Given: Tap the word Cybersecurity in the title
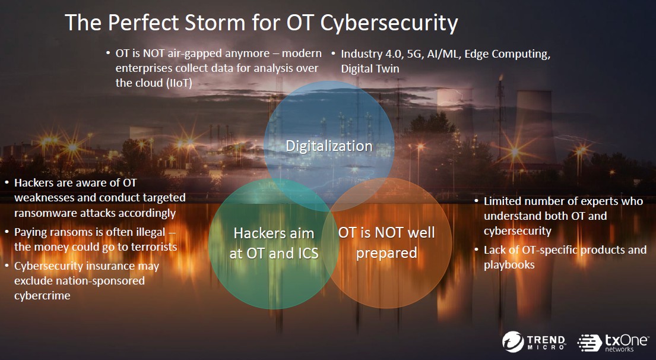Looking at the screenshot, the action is tap(389, 23).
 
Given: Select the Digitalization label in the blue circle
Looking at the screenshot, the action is tap(329, 146).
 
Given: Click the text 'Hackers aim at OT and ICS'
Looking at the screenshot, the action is tap(274, 243).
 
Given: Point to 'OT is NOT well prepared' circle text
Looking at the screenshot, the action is tap(386, 243).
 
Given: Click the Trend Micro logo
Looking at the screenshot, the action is tap(534, 341).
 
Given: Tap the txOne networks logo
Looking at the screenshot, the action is tap(613, 342).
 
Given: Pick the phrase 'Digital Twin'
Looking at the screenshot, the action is tap(370, 69).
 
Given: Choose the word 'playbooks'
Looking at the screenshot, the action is tap(509, 265).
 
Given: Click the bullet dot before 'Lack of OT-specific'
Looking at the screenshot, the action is tap(477, 250).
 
